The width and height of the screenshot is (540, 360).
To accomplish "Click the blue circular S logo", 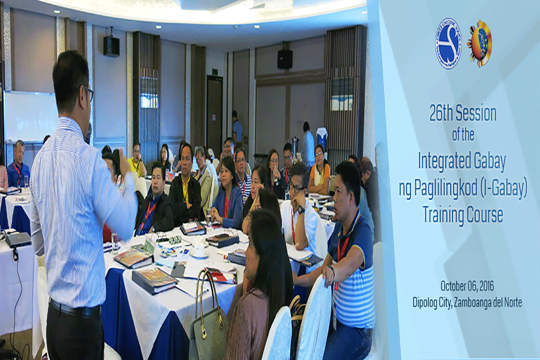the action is [448, 43].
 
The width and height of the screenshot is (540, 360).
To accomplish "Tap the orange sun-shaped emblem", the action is [480, 43].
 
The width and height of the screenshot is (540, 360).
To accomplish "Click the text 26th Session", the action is [463, 113].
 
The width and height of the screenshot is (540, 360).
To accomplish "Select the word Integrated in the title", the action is [443, 161].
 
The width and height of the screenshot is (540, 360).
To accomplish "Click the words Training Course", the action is [463, 214].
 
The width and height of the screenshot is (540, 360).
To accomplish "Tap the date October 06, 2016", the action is [467, 286].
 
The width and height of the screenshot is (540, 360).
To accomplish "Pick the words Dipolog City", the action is [432, 302].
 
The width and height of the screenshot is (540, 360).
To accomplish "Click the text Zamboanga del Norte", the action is [488, 302].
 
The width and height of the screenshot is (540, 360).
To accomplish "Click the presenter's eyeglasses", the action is [89, 92].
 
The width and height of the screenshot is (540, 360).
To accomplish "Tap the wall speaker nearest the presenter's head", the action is [111, 46].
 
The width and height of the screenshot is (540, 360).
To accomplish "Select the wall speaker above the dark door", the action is [285, 59].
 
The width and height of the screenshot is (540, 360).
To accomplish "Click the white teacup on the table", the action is [199, 251].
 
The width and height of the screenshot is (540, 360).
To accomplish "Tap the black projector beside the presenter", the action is [18, 239].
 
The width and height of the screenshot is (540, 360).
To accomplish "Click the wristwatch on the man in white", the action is [301, 210].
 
